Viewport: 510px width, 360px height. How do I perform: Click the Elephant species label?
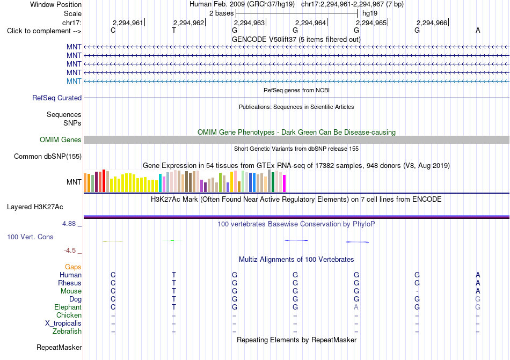tap(68, 307)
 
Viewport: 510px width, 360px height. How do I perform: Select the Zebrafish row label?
tap(67, 332)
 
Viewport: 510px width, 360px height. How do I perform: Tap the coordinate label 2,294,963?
tap(249, 23)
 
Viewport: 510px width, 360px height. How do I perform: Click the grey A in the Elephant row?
tap(356, 307)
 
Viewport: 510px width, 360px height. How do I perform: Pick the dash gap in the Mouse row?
tap(417, 291)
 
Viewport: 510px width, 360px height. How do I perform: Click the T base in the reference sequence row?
tap(174, 31)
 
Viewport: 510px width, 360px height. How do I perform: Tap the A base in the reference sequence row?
tap(478, 30)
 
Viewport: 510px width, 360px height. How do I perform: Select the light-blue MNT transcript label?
tap(74, 81)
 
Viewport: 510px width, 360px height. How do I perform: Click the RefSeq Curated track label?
tap(57, 98)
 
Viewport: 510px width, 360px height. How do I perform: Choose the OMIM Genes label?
tap(61, 139)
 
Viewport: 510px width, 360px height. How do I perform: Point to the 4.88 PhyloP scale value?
tap(69, 224)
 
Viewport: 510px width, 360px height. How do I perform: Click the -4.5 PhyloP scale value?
tap(70, 250)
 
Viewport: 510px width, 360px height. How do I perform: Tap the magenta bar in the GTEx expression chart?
tap(285, 183)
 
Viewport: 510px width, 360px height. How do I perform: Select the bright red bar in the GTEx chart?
tap(104, 181)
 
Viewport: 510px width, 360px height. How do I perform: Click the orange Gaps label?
tap(73, 267)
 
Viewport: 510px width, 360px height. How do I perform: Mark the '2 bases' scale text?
tap(222, 13)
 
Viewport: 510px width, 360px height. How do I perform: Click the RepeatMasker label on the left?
tap(59, 347)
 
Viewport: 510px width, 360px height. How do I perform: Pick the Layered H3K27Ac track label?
tap(35, 207)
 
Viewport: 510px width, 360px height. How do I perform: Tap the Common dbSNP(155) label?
tap(48, 156)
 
